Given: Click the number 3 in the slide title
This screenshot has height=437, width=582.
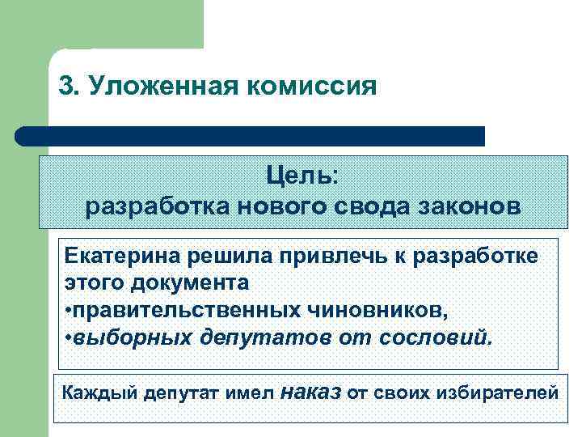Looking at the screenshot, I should [x=66, y=86].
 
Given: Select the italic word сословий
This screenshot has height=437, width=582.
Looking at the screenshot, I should [x=440, y=335].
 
